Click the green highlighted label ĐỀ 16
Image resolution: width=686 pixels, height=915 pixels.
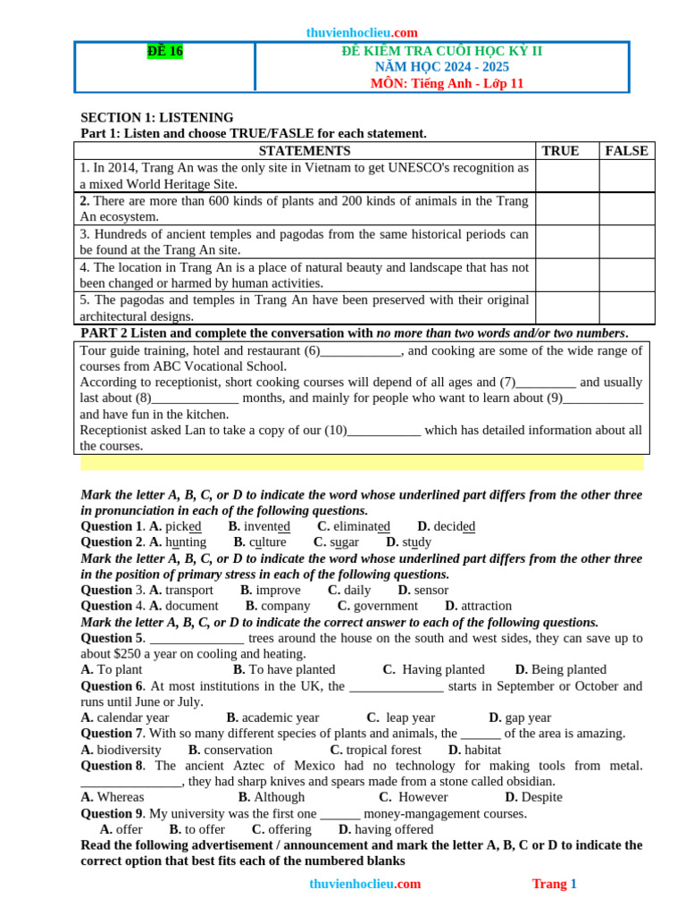click(x=164, y=52)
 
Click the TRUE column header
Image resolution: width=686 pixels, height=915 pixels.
click(x=560, y=151)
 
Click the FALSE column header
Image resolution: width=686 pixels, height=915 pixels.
click(x=626, y=151)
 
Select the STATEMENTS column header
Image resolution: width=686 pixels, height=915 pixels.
click(x=304, y=151)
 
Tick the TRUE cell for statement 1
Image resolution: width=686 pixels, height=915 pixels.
click(x=566, y=176)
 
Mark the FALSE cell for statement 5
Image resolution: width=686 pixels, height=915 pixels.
click(x=626, y=308)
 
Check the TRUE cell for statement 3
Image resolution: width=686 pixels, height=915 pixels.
click(x=566, y=242)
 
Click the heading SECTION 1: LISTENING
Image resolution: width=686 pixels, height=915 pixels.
click(x=157, y=117)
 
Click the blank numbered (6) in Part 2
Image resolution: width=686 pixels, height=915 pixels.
click(x=360, y=350)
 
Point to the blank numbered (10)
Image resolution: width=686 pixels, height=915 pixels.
click(x=383, y=430)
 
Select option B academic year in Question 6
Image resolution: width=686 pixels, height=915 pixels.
click(x=272, y=718)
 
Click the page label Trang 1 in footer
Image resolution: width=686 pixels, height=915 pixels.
click(x=554, y=884)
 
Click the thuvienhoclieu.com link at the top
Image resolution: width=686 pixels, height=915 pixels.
click(x=362, y=32)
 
